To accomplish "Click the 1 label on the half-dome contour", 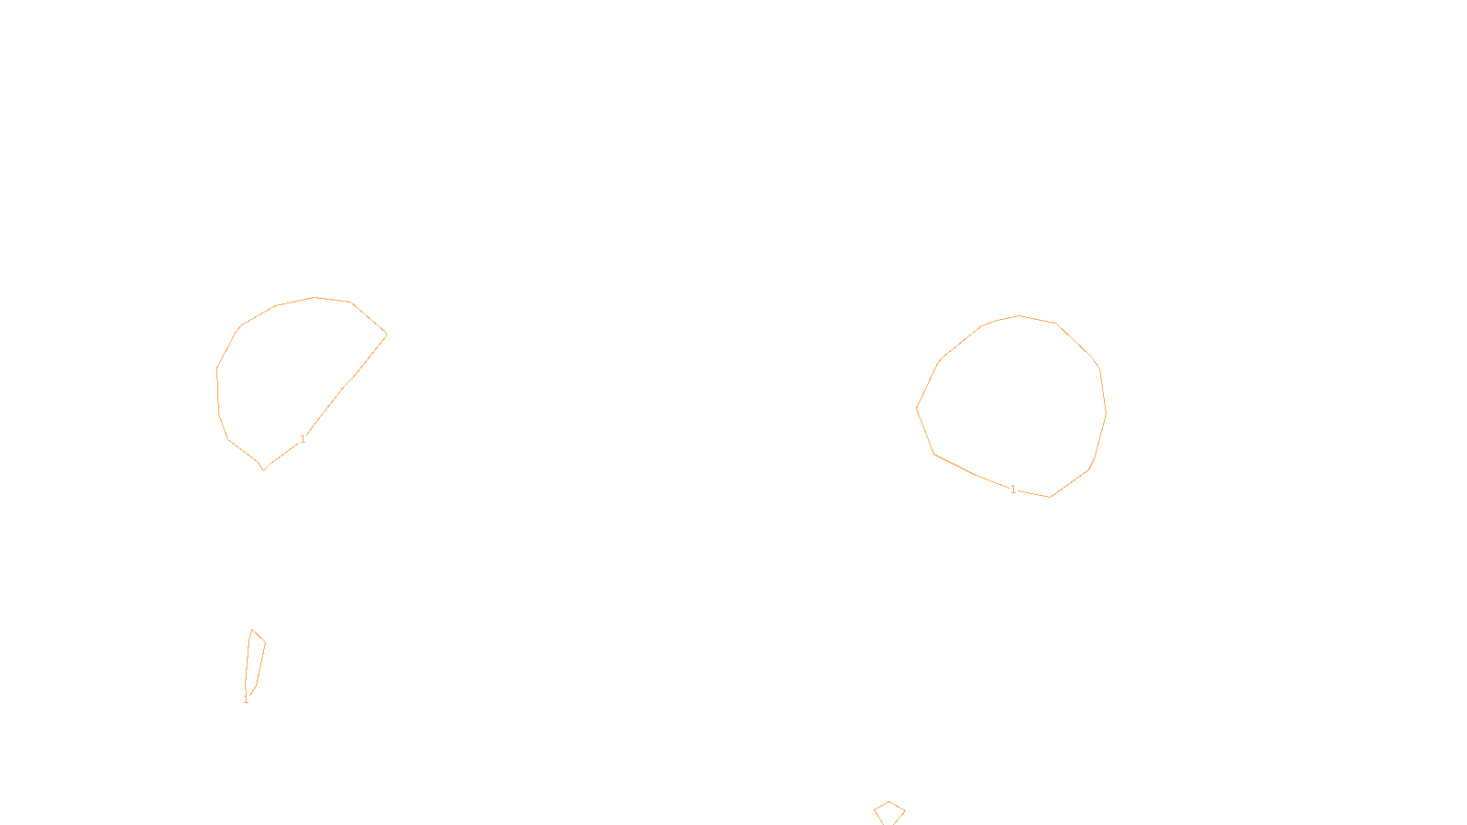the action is [x=303, y=439].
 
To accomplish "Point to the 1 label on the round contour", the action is [x=1013, y=489].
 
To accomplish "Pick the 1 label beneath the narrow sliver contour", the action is [x=246, y=700].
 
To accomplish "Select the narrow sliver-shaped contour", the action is [x=255, y=662].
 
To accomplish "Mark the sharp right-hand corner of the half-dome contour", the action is [x=387, y=335].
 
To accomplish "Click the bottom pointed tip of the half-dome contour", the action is [x=264, y=470].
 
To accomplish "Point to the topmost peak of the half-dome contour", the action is [x=314, y=297].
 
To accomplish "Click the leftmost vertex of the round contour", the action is [x=917, y=408].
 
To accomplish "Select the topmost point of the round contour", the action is [x=1019, y=315].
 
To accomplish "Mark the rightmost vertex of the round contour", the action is [x=1106, y=412].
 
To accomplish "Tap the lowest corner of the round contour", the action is [x=1050, y=497].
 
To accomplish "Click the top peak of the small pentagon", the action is [x=889, y=802].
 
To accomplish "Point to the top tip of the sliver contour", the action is [x=252, y=630].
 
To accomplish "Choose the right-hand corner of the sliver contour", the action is [x=265, y=642].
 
